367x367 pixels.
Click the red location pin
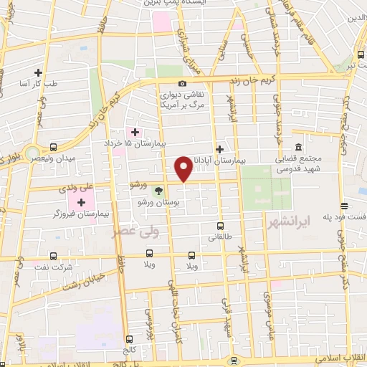pos(183,169)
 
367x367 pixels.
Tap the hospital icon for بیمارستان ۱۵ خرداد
pos(134,132)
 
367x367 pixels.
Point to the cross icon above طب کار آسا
pos(37,72)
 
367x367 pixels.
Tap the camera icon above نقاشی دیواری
pos(182,84)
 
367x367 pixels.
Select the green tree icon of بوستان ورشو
pos(159,191)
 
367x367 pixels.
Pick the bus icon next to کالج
pos(128,339)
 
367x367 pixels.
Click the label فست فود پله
pos(347,215)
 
